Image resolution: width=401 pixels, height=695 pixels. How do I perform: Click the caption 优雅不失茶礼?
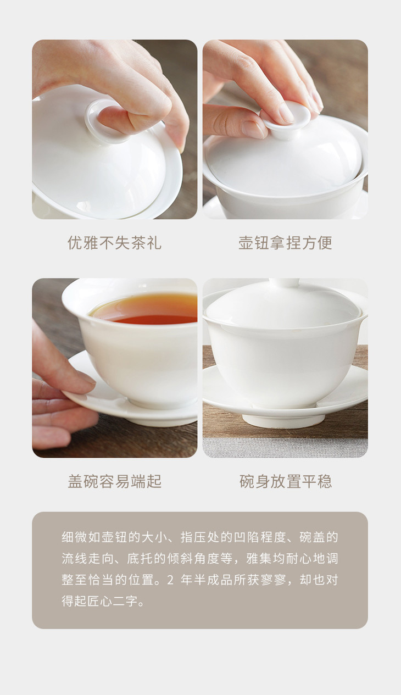pos(114,242)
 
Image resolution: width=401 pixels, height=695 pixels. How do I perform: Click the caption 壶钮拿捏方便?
pos(285,242)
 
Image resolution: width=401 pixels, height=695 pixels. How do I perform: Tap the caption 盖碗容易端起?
pos(114,481)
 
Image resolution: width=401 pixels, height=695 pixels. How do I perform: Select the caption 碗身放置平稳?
pos(285,481)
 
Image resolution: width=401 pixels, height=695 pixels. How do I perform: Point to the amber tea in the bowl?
pos(146,309)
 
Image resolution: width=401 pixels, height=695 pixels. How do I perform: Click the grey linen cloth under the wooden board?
pos(285,447)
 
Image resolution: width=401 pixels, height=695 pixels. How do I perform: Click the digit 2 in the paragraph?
pos(170,580)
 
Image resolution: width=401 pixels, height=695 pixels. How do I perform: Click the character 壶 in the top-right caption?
pos(246,242)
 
